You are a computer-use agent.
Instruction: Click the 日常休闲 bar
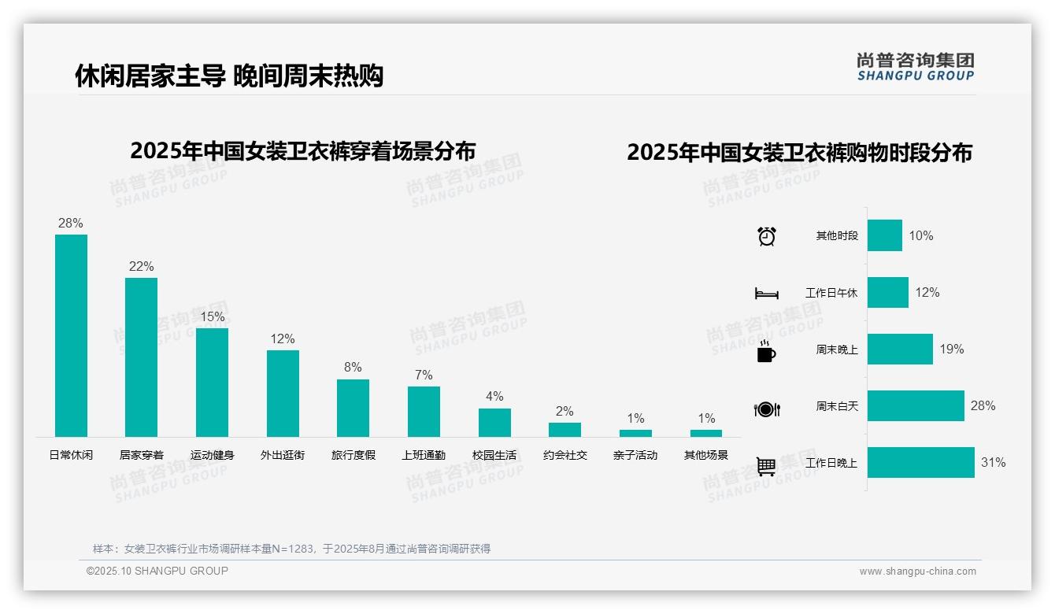[x=71, y=335]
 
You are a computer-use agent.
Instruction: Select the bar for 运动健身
[x=212, y=382]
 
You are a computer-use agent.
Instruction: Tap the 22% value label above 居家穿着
[x=142, y=266]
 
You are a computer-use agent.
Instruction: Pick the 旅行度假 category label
[x=354, y=455]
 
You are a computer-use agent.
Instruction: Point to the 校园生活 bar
[x=494, y=423]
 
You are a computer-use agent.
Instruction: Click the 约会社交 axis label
[x=565, y=455]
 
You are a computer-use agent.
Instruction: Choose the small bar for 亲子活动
[x=635, y=433]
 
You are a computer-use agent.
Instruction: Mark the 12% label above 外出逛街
[x=283, y=338]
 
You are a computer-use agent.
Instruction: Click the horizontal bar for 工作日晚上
[x=920, y=462]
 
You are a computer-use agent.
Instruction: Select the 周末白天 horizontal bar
[x=916, y=405]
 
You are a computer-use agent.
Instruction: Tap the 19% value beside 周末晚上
[x=952, y=349]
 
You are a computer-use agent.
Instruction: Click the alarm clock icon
[x=767, y=236]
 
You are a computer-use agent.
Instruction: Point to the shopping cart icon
[x=766, y=466]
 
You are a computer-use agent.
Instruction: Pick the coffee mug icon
[x=766, y=353]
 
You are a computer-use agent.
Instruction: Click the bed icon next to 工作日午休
[x=766, y=294]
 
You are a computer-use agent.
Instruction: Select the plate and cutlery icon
[x=766, y=409]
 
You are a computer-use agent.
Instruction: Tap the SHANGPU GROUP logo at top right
[x=916, y=66]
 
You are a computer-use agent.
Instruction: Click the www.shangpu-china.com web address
[x=917, y=571]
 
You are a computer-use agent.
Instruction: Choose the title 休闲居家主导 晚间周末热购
[x=229, y=76]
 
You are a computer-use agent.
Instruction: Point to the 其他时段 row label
[x=837, y=235]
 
